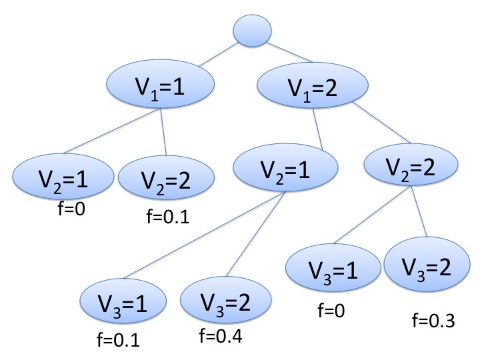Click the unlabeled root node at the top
tap(252, 30)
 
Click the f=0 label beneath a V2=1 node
tap(73, 211)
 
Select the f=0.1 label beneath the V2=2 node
tap(166, 217)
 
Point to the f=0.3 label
tap(433, 321)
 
